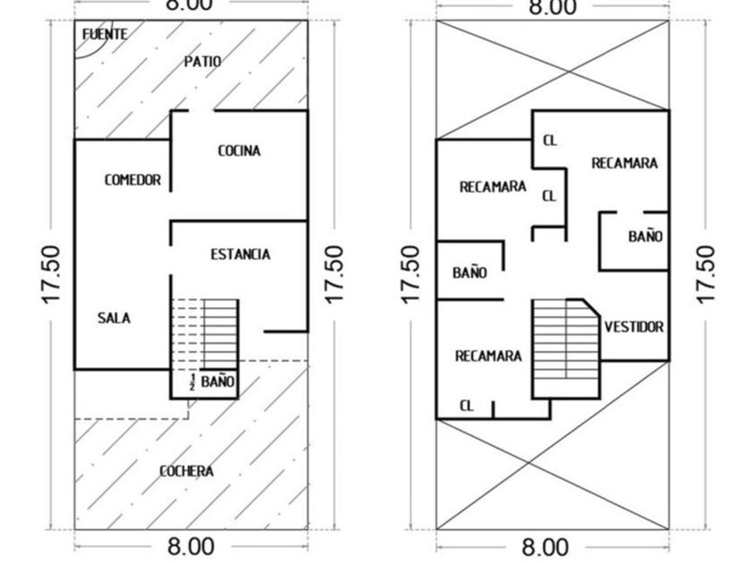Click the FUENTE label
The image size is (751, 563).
pyautogui.click(x=105, y=34)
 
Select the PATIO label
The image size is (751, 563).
pyautogui.click(x=203, y=62)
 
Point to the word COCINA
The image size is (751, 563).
pyautogui.click(x=240, y=151)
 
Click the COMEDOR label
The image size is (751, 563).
pyautogui.click(x=132, y=181)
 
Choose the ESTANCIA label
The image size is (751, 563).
pyautogui.click(x=240, y=255)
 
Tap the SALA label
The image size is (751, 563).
pyautogui.click(x=114, y=318)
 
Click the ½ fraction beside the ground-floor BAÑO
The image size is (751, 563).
pyautogui.click(x=191, y=382)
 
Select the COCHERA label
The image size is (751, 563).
pyautogui.click(x=187, y=471)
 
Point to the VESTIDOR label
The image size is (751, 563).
pyautogui.click(x=634, y=327)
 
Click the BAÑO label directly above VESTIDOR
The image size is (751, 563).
pyautogui.click(x=645, y=237)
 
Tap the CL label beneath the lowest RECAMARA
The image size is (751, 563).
pyautogui.click(x=467, y=406)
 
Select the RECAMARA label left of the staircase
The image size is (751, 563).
pyautogui.click(x=488, y=356)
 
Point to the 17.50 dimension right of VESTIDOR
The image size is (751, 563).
pyautogui.click(x=705, y=273)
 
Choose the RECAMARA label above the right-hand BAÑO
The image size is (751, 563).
pyautogui.click(x=624, y=164)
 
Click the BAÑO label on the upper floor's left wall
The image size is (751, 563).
pyautogui.click(x=469, y=273)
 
